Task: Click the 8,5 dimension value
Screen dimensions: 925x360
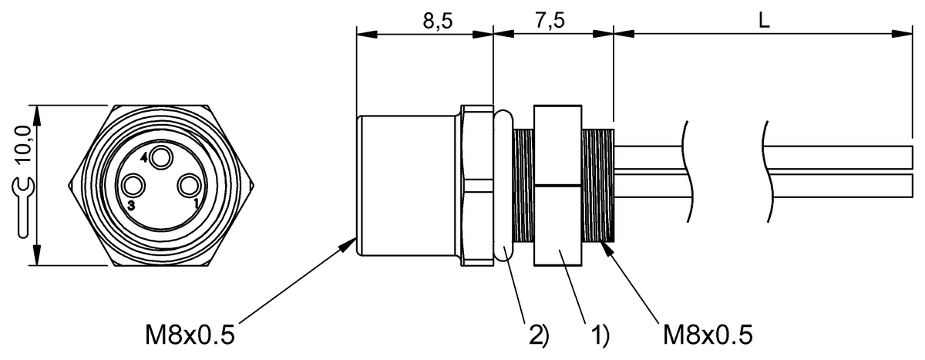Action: (437, 21)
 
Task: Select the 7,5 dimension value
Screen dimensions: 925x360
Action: (550, 20)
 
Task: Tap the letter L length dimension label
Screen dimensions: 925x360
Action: (765, 20)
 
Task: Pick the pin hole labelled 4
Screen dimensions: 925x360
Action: (160, 158)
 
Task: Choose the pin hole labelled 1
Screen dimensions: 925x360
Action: (188, 185)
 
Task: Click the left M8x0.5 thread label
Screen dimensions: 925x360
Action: (190, 335)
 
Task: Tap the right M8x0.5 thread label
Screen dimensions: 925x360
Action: (708, 335)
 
